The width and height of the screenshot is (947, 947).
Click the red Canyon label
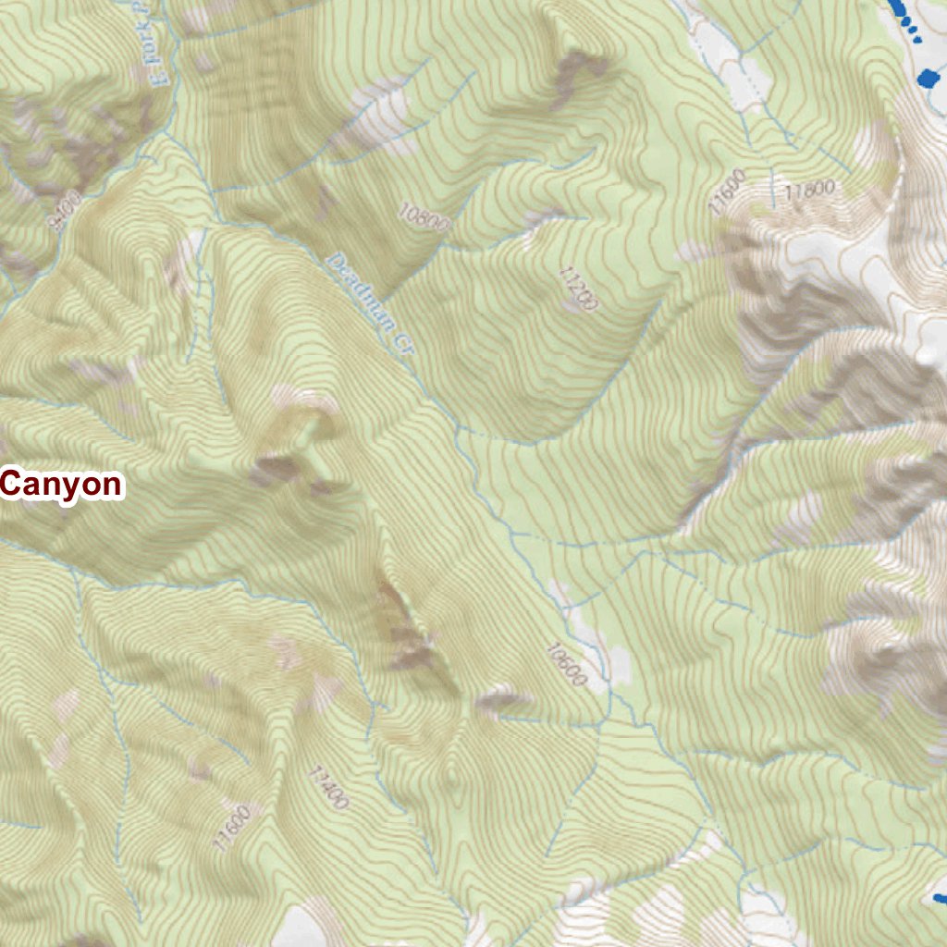pyautogui.click(x=61, y=484)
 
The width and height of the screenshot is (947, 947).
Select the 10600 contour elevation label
pyautogui.click(x=566, y=664)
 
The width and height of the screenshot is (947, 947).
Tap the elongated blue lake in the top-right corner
pyautogui.click(x=899, y=7)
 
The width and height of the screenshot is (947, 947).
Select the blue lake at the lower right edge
pyautogui.click(x=940, y=897)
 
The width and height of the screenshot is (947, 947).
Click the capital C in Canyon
pyautogui.click(x=12, y=484)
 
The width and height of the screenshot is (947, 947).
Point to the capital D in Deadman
pyautogui.click(x=334, y=263)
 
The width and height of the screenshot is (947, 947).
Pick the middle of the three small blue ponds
pyautogui.click(x=912, y=31)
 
